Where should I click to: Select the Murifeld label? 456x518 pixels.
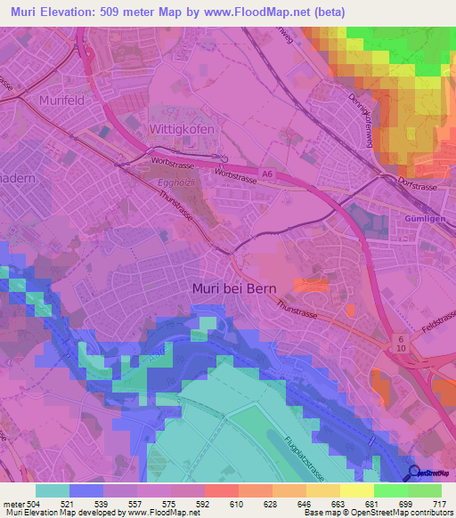point(61,101)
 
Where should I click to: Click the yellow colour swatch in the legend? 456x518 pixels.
point(357,490)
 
